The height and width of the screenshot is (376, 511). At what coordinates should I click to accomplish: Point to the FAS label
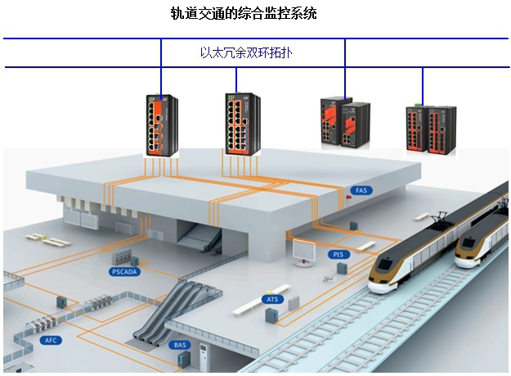(x=362, y=190)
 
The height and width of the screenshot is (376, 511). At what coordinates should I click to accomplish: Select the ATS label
(x=272, y=299)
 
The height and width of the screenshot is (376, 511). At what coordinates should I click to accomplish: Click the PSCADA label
(x=125, y=270)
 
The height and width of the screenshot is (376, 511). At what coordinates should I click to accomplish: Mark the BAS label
(x=180, y=345)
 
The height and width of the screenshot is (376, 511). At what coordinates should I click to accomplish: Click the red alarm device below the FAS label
(x=352, y=202)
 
